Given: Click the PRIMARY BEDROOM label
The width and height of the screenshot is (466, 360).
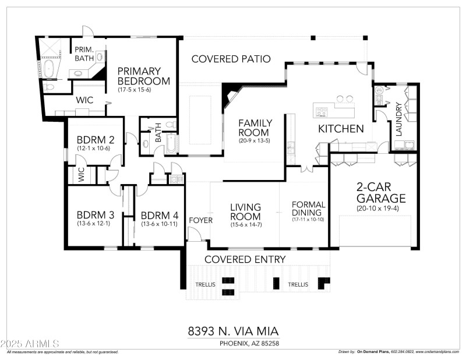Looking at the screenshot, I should click(x=144, y=76).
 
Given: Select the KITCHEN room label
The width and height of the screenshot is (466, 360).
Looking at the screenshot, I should click(x=341, y=129).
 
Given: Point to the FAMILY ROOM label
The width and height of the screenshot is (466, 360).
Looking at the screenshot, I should click(x=255, y=128).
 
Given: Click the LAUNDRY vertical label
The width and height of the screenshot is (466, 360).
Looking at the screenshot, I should click(x=399, y=119).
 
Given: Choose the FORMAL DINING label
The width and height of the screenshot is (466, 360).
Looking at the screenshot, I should click(x=308, y=209).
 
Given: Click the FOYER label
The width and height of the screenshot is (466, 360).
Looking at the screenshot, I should click(x=197, y=220).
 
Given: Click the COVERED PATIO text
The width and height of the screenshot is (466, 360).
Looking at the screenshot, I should click(x=231, y=59).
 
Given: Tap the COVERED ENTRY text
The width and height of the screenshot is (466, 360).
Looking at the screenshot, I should click(x=245, y=260).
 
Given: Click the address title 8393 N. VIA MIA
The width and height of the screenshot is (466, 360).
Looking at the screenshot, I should click(x=233, y=330).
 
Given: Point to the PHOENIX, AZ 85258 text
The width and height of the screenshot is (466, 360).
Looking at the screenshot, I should click(x=249, y=343).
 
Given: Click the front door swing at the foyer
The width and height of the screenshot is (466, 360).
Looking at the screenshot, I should click(x=193, y=234).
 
